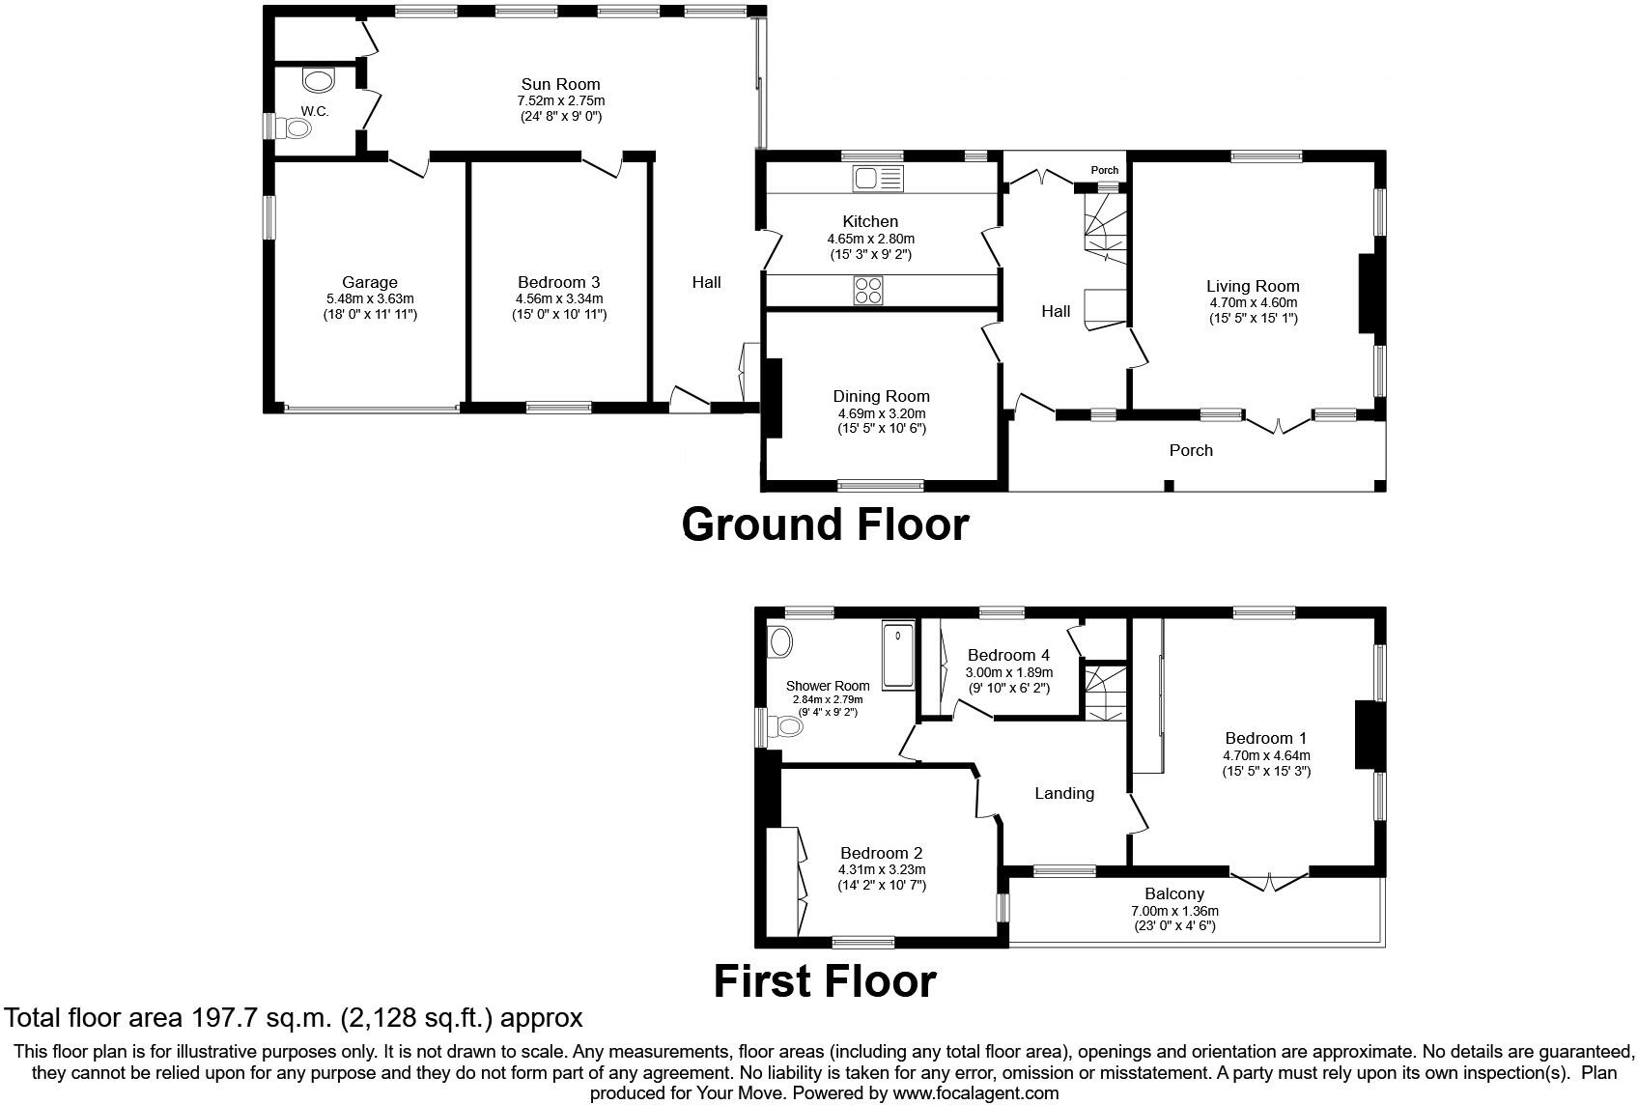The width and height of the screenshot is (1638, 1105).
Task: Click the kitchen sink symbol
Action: [x=878, y=179]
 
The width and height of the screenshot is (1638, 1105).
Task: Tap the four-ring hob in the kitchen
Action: [x=868, y=291]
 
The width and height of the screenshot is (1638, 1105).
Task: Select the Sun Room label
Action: [x=561, y=84]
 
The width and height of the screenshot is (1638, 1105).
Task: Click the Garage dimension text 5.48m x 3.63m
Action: [x=370, y=298]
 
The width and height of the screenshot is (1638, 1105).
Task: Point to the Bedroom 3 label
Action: [x=558, y=282]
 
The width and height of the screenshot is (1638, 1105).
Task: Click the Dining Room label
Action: [x=881, y=396]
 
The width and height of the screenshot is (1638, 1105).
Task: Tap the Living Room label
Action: [x=1253, y=286]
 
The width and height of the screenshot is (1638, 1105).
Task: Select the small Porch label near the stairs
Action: [x=1104, y=170]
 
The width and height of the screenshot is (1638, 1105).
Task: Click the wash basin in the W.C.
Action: [x=318, y=80]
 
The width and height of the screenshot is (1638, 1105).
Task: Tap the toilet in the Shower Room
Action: [x=785, y=727]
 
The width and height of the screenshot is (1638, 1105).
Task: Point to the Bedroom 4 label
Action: [x=1008, y=655]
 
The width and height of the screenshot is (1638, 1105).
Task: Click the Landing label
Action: [x=1064, y=793]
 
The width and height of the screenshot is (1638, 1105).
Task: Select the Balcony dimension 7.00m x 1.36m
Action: [x=1174, y=911]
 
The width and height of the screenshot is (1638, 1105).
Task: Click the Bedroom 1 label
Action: [x=1266, y=739]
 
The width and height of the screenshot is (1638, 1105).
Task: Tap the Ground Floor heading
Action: [x=825, y=524]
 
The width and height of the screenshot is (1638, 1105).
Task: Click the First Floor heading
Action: [x=825, y=981]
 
